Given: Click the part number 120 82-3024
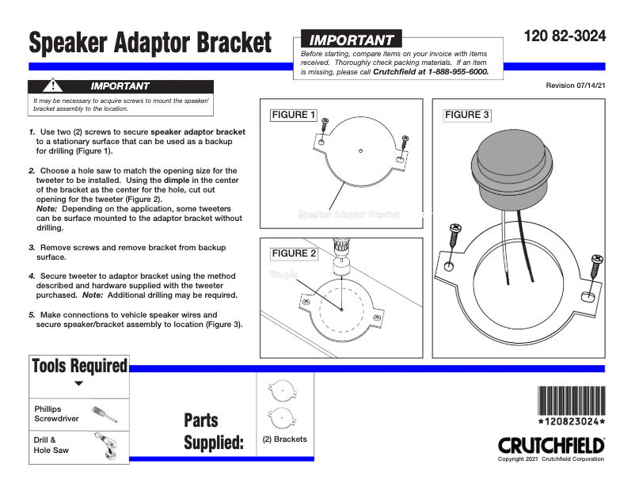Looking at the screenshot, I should click(x=565, y=36).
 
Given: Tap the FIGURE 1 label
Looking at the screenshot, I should click(x=293, y=115).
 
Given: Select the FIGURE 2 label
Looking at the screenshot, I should click(x=293, y=253).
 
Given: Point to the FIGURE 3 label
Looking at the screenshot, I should click(x=467, y=115).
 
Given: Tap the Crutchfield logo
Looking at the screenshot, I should click(x=551, y=446).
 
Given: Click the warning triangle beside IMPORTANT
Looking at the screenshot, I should click(x=51, y=86).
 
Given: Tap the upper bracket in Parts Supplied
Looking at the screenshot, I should click(x=283, y=391).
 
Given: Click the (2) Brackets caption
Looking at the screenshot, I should click(x=285, y=440).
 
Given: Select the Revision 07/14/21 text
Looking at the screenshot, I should click(x=576, y=85).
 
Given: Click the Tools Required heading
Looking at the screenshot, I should click(x=79, y=365).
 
